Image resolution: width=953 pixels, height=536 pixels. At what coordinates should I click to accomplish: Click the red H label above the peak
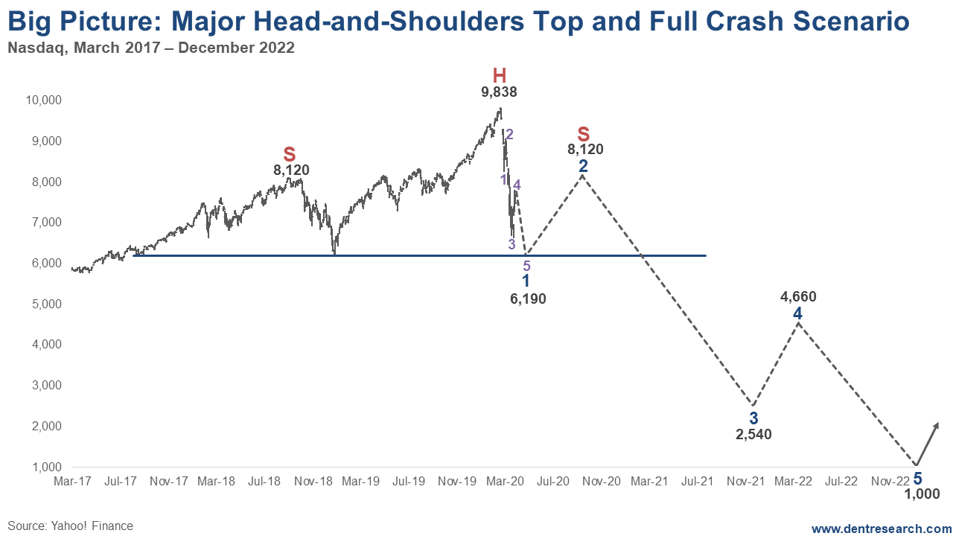[x=499, y=75]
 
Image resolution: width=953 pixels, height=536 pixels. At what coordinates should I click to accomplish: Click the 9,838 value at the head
[x=499, y=92]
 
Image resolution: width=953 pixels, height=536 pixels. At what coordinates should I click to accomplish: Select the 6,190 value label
[x=528, y=299]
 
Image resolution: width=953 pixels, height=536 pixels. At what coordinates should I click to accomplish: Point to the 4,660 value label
[x=798, y=297]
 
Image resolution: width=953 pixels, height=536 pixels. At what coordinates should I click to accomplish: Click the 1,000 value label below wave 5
[x=922, y=494]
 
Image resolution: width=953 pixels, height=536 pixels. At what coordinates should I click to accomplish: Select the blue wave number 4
[x=797, y=313]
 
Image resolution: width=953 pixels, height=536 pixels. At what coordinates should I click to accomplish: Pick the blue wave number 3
[x=753, y=418]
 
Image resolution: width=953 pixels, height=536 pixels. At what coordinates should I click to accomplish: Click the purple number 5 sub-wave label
[x=526, y=266]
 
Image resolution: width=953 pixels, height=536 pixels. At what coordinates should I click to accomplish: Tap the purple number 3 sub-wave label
[x=511, y=244]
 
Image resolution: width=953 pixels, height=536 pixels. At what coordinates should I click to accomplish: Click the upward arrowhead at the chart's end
[x=936, y=425]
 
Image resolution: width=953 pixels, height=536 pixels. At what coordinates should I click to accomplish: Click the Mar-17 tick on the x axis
[x=72, y=482]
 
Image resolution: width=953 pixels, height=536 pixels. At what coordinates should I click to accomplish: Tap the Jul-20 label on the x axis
[x=553, y=482]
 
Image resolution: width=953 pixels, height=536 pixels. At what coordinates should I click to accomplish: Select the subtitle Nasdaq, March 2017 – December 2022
[x=150, y=48]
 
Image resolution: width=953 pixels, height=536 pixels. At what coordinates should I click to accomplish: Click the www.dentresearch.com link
[x=882, y=529]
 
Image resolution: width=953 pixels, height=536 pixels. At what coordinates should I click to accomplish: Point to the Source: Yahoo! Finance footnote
[x=71, y=526]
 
